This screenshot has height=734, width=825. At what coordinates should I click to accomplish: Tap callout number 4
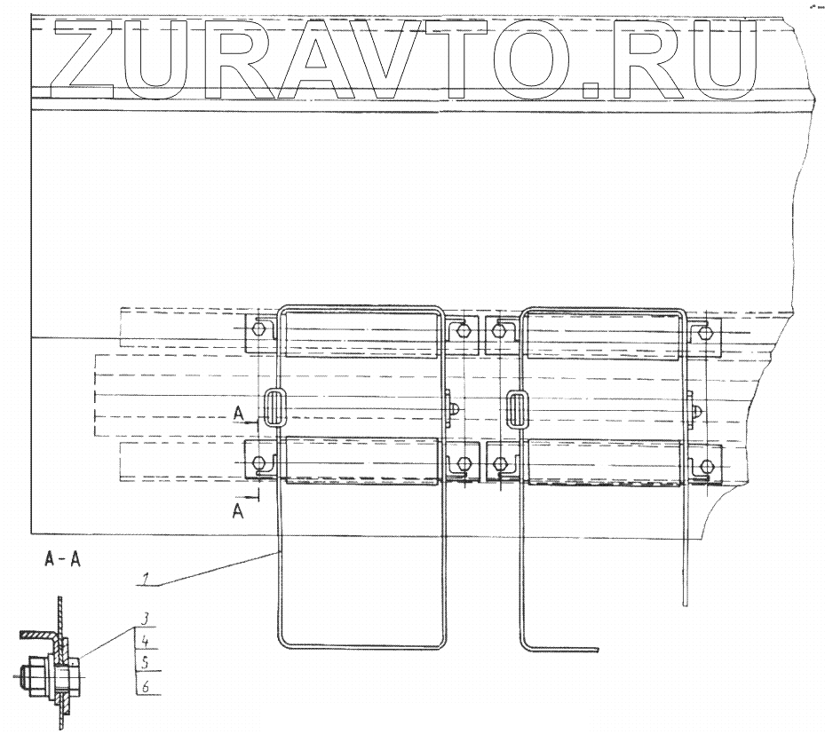(142, 639)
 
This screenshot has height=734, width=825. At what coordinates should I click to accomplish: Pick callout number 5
(142, 661)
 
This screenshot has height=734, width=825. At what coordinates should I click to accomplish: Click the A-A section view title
(59, 561)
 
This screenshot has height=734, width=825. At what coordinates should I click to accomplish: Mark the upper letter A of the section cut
(238, 412)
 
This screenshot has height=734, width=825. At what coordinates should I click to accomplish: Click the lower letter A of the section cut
(238, 509)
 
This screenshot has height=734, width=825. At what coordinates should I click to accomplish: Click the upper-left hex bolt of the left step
(258, 329)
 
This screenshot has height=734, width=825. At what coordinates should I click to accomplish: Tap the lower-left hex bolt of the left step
(258, 463)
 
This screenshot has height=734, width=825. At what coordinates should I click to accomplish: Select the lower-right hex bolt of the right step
(707, 464)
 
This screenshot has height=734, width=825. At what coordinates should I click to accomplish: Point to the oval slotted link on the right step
(517, 410)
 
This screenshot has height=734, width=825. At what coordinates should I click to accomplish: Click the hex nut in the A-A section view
(33, 676)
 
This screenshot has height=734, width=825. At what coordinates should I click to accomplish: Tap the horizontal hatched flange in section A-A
(39, 637)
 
